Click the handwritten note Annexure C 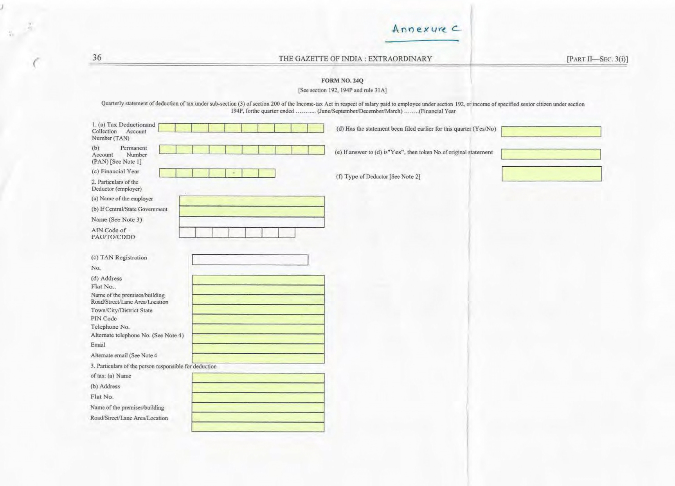tap(427, 29)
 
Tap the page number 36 tap(97, 58)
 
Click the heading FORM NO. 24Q tap(342, 81)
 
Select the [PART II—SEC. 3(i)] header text tap(597, 59)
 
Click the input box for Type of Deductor tap(551, 174)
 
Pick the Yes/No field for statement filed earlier tap(551, 131)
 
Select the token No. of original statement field tap(551, 154)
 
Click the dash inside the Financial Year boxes tap(234, 173)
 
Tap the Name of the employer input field tap(252, 201)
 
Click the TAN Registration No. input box tap(250, 260)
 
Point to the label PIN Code tap(104, 319)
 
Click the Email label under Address tap(98, 345)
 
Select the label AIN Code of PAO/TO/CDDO tap(113, 234)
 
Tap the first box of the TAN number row tap(167, 128)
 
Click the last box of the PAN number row tap(316, 150)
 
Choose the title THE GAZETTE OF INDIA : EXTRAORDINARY tap(355, 59)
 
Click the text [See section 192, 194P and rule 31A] tap(342, 90)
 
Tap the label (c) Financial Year tap(115, 171)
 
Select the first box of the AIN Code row tap(187, 232)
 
